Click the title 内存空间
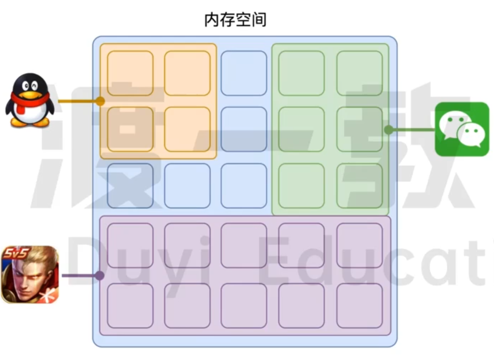(235, 19)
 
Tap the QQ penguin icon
(29, 100)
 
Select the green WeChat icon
(462, 129)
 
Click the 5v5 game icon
(30, 275)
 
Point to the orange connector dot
(100, 101)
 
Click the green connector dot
(389, 129)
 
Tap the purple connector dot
(100, 276)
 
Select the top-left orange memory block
(130, 73)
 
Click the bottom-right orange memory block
(187, 129)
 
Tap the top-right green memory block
(360, 73)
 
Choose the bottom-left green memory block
(301, 186)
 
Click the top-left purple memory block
(130, 245)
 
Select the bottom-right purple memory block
(360, 306)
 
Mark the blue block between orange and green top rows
(244, 73)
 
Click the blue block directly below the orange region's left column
(130, 186)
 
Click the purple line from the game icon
(80, 276)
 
